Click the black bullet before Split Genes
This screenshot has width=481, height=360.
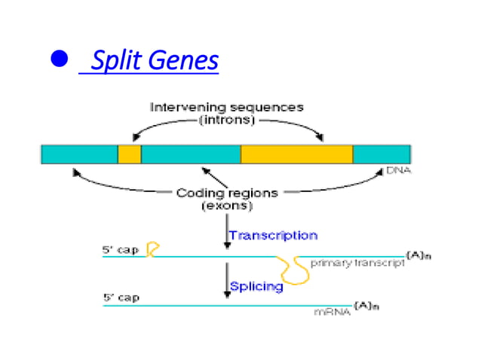click(59, 59)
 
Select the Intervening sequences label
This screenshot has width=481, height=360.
click(226, 107)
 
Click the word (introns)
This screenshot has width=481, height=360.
click(227, 120)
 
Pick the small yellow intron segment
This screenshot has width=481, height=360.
click(129, 154)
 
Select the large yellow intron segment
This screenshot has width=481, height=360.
click(296, 154)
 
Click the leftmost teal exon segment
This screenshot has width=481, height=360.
click(79, 154)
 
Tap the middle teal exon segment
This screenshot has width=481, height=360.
click(191, 154)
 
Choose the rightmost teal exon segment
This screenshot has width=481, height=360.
click(381, 154)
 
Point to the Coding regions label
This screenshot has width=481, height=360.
click(226, 192)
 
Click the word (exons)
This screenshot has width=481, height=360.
click(226, 205)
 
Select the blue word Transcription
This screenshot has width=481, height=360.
click(273, 235)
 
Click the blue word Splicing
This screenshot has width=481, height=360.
click(256, 286)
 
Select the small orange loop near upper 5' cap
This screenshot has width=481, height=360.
click(152, 249)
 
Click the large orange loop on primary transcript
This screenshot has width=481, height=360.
click(293, 270)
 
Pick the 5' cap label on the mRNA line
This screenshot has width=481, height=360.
click(121, 297)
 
